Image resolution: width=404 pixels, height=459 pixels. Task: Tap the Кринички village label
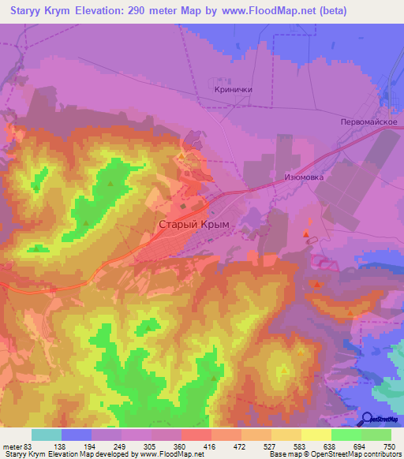coord(233,90)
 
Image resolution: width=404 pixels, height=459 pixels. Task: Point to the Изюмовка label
coord(304,177)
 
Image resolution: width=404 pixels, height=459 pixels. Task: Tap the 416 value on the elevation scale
coord(211,446)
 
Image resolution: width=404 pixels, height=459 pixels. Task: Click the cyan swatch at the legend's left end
coord(47,435)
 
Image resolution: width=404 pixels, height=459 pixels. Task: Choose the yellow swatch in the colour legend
coord(316,435)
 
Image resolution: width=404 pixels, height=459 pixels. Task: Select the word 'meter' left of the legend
coord(13,446)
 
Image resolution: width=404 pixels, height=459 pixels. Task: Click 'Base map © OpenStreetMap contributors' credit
coord(335,455)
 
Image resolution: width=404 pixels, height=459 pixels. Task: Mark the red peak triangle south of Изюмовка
coord(306,233)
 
